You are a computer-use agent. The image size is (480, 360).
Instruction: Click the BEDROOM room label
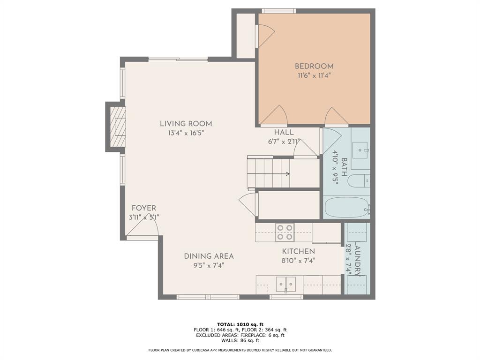314,66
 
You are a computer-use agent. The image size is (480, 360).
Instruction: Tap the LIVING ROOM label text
186,124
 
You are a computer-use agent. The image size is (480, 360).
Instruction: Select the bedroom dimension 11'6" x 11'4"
314,75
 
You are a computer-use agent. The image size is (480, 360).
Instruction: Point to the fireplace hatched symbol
118,127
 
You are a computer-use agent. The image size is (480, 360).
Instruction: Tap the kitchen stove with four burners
285,232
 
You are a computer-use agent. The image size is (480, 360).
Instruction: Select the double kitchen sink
285,284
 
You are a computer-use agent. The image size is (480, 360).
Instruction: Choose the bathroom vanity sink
361,150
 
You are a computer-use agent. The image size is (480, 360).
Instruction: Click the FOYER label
144,208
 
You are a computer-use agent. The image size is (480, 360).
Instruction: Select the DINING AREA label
209,256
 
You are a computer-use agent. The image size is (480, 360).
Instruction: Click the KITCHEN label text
298,252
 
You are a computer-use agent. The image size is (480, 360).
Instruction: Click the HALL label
284,132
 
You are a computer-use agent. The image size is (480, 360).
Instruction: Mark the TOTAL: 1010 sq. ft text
240,324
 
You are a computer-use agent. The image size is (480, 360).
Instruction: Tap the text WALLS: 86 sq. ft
240,341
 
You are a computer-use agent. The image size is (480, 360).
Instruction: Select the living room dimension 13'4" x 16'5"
186,133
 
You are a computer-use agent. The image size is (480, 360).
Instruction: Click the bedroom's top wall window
278,10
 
